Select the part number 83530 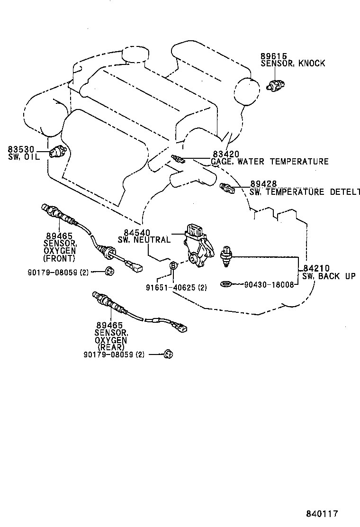[x=21, y=150]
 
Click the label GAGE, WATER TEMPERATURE [x=270, y=162]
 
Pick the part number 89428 [x=263, y=184]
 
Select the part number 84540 [x=137, y=232]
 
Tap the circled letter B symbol [x=173, y=265]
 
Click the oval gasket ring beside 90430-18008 [x=226, y=284]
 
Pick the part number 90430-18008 [x=269, y=285]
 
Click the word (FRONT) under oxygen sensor [x=58, y=258]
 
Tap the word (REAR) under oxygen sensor [x=110, y=346]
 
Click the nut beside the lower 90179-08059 [x=168, y=354]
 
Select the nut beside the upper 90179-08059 [x=108, y=271]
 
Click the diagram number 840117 [x=322, y=513]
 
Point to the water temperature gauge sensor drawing [x=177, y=159]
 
